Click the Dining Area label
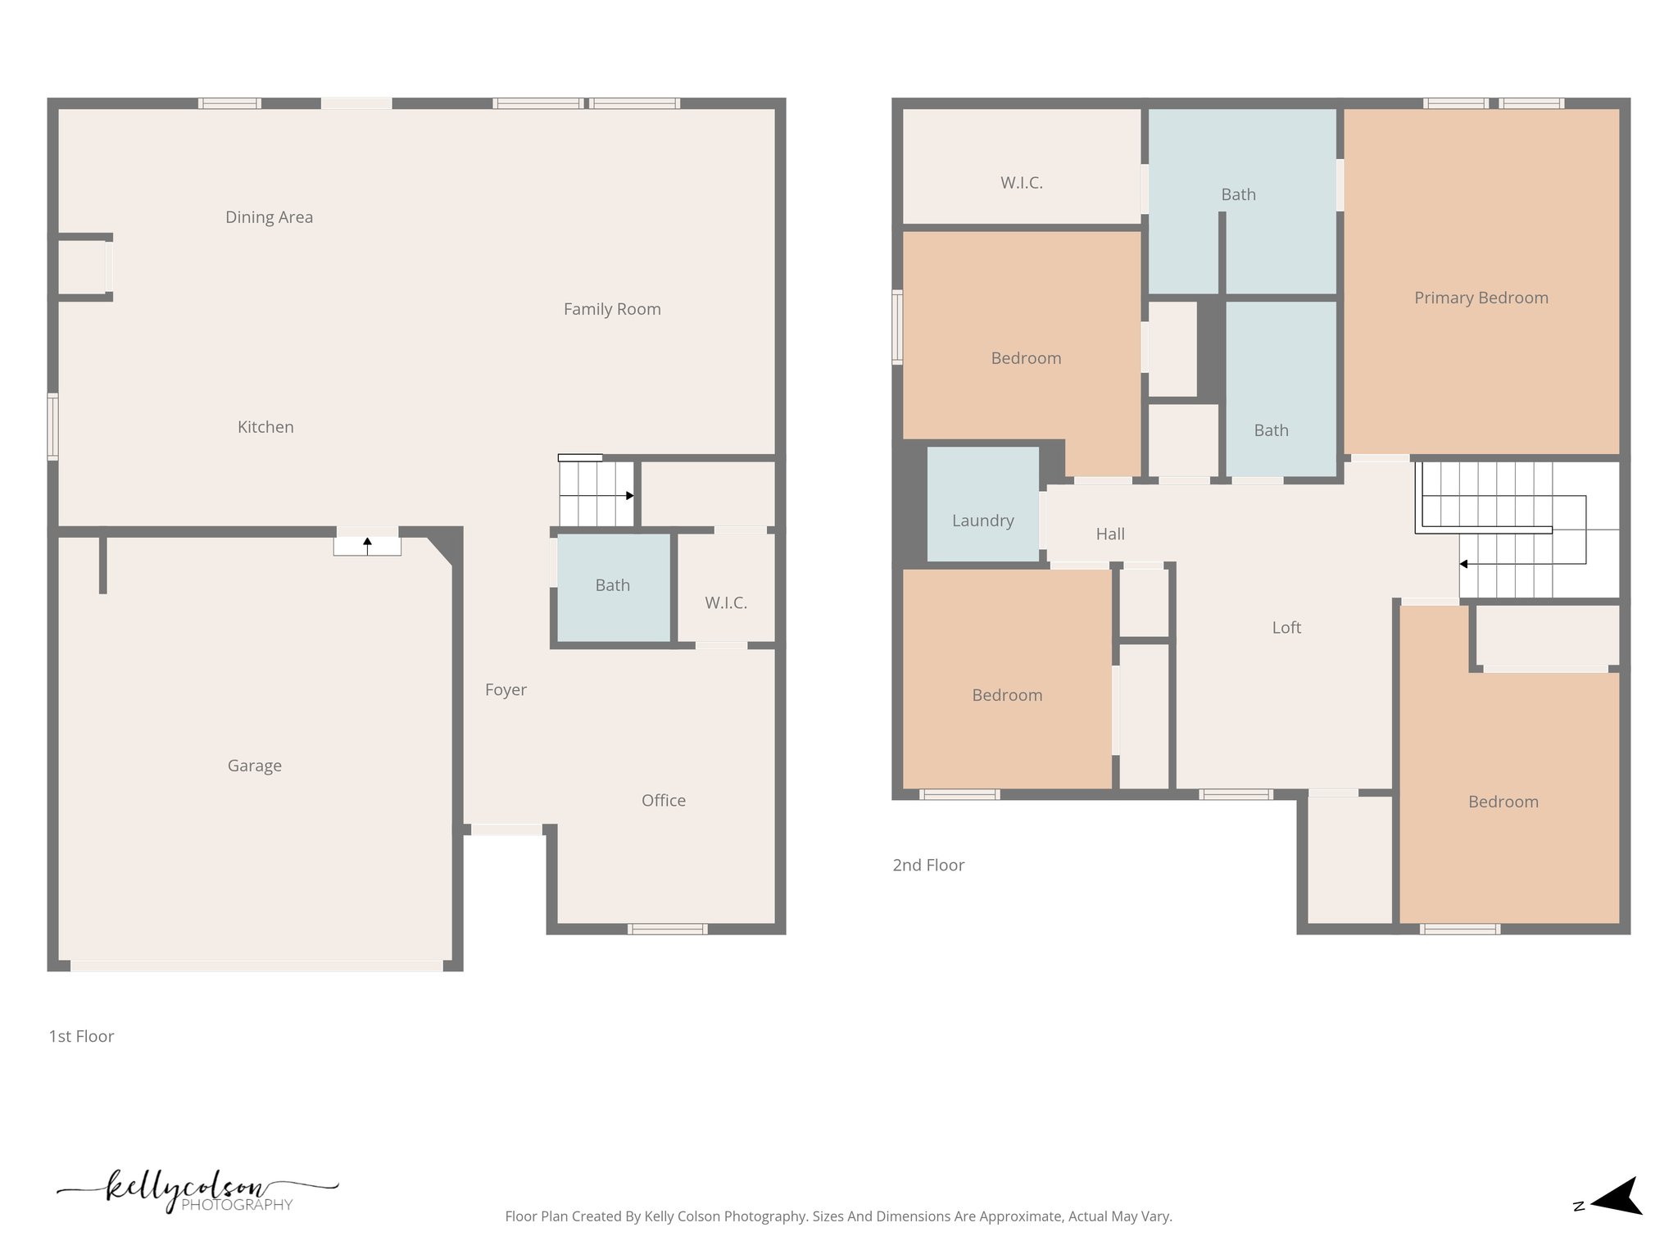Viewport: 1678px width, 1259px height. [269, 217]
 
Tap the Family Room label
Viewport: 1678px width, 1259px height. [612, 309]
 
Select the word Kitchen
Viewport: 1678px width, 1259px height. [265, 427]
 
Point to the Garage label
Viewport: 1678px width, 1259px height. [254, 766]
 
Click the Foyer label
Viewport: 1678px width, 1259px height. [506, 690]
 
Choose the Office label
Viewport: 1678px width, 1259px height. [663, 801]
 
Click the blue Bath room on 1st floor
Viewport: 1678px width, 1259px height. [613, 586]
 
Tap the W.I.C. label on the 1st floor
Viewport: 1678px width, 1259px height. [725, 603]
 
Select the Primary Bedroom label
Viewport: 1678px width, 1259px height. [1481, 298]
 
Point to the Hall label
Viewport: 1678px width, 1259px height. [1110, 534]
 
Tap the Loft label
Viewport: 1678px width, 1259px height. [1286, 628]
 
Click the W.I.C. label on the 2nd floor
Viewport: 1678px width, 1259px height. [1021, 183]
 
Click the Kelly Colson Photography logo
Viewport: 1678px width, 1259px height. [197, 1190]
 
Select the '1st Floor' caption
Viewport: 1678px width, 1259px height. [81, 1037]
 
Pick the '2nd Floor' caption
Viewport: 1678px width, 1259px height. [927, 866]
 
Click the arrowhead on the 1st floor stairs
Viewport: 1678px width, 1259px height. [629, 496]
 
